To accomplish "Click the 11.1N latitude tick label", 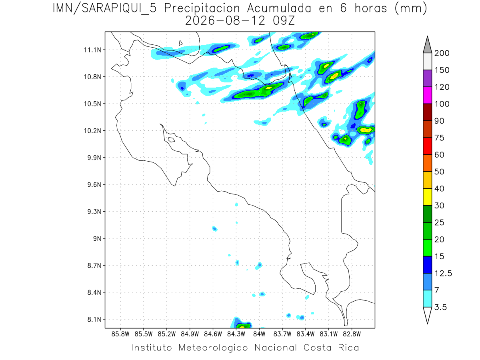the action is point(92,50).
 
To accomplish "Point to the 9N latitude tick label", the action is point(97,238).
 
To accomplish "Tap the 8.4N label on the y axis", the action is point(94,292).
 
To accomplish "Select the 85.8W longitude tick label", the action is point(120,334).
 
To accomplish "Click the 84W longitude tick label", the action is point(259,334).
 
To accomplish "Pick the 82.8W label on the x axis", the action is point(352,334).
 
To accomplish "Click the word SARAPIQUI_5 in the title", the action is point(119,9).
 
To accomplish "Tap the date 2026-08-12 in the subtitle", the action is point(225,21).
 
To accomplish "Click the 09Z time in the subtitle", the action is point(284,21).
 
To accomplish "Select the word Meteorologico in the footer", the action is point(213,348).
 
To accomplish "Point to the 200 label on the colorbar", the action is point(442,53).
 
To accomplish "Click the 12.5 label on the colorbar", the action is point(443,274).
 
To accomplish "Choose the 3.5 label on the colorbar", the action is point(440,307).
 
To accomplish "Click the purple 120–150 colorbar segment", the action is point(427,78).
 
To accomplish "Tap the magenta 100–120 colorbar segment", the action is point(427,95).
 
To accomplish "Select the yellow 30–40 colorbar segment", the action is point(427,197).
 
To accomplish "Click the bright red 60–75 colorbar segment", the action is point(427,146).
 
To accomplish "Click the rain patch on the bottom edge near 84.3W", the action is point(241,323).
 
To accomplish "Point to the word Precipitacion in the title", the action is point(202,9).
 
